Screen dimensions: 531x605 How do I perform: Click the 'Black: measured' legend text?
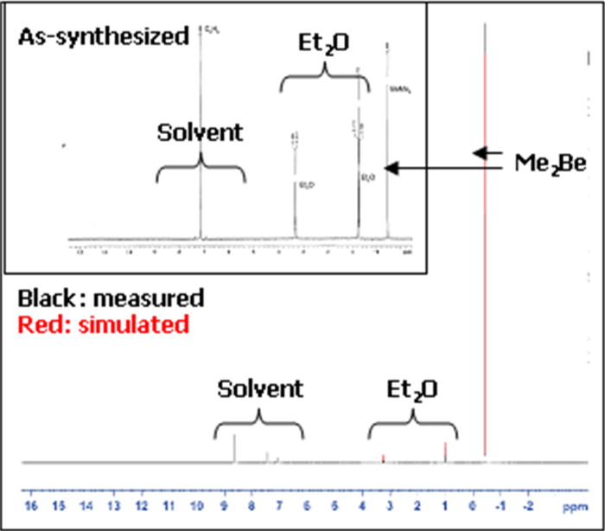click(x=111, y=299)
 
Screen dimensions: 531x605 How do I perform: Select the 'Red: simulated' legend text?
click(x=103, y=324)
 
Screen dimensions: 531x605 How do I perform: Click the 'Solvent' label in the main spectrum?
click(x=260, y=388)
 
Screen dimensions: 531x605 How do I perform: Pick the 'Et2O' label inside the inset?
click(x=325, y=44)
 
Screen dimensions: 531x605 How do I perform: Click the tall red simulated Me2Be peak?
click(x=486, y=259)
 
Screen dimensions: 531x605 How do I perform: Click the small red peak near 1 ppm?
click(x=445, y=452)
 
